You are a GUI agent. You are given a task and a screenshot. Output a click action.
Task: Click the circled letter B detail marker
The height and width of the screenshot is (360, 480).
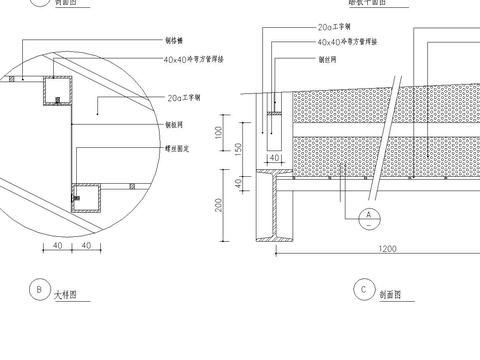[37, 291]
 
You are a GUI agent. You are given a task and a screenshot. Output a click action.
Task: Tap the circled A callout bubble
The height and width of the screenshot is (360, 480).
[368, 213]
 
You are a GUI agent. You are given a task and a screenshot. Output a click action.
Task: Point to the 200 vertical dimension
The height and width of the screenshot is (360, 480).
[221, 205]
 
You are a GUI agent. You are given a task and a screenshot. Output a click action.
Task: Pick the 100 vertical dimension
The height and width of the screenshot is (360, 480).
[221, 130]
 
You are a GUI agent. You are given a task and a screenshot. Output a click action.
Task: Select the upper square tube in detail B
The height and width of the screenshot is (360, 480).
[52, 92]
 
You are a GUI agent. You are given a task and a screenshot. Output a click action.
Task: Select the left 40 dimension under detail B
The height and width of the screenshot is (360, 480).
[58, 244]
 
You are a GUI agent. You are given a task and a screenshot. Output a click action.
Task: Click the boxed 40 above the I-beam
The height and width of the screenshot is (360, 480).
[272, 157]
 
